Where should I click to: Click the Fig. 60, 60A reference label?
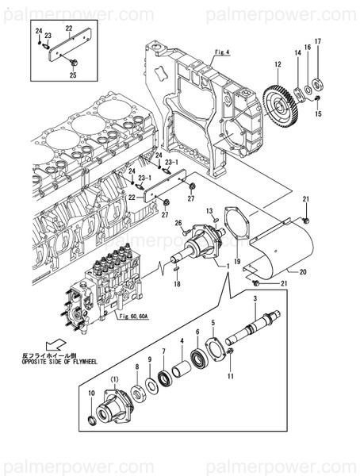(133, 317)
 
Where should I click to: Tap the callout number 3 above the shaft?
(255, 297)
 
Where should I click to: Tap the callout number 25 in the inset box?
(73, 75)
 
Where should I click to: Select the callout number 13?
(212, 210)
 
